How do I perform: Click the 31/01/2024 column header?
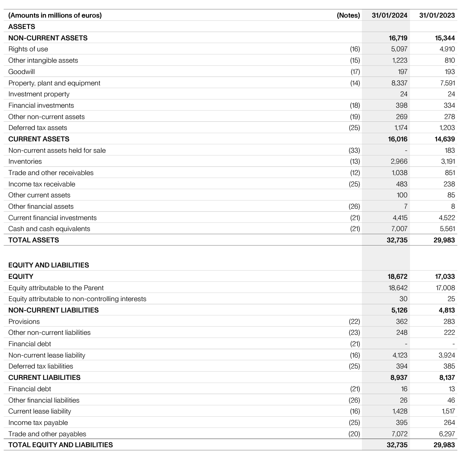(x=389, y=15)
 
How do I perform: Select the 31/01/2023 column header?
(x=437, y=15)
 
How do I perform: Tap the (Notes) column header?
(x=348, y=15)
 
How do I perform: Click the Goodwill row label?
(x=22, y=72)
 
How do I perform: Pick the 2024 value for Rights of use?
(x=399, y=49)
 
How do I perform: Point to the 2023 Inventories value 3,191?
(x=448, y=161)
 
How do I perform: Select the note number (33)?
(x=354, y=150)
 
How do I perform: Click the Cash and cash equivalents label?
(x=49, y=229)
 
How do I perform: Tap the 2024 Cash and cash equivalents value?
(x=399, y=229)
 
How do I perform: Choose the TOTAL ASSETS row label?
(x=34, y=240)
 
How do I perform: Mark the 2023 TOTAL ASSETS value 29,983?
(x=444, y=240)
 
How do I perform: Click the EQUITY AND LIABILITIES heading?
(x=49, y=265)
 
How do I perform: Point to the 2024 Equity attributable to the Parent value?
(x=398, y=288)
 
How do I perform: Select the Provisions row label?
(x=24, y=322)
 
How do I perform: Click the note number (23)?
(x=354, y=332)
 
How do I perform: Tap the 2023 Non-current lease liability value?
(x=447, y=355)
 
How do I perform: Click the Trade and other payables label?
(x=47, y=434)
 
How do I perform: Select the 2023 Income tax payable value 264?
(x=449, y=423)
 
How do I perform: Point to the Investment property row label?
(x=39, y=94)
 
